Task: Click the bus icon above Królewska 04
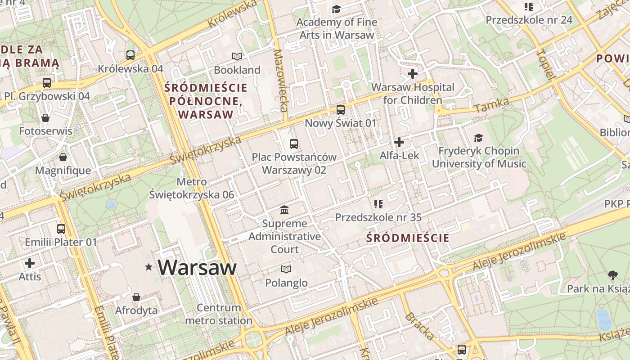click(130, 55)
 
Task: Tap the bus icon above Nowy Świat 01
click(341, 110)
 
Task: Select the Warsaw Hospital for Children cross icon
click(413, 74)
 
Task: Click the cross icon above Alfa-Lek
click(399, 143)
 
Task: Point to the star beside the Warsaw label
click(149, 267)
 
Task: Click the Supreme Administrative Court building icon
click(284, 210)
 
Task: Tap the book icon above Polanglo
click(286, 270)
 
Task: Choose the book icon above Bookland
click(237, 56)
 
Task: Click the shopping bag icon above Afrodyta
click(136, 297)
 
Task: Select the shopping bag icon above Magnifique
click(63, 157)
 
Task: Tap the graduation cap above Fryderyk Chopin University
click(478, 138)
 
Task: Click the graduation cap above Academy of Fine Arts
click(336, 9)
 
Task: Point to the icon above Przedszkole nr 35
click(378, 204)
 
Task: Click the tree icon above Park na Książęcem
click(612, 275)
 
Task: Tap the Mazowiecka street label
click(280, 81)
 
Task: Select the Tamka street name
click(491, 106)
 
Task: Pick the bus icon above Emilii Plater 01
click(61, 229)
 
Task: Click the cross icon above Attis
click(30, 263)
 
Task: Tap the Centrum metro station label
click(219, 314)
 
